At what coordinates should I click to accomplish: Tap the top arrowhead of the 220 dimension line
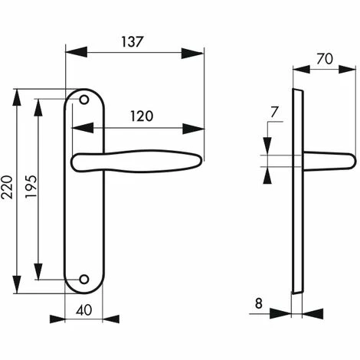click(18, 94)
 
